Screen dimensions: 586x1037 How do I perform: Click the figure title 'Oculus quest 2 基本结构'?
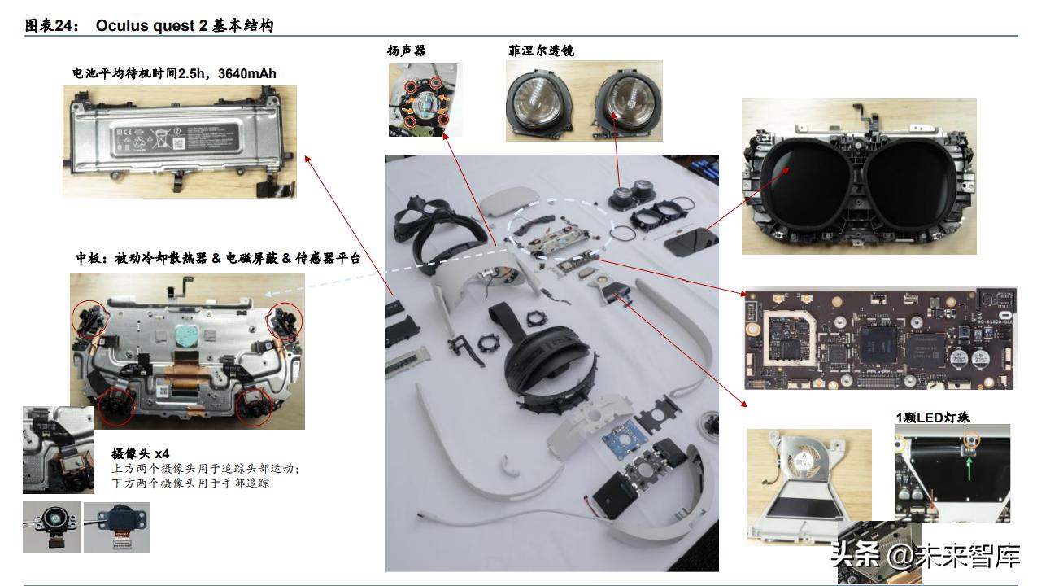[184, 25]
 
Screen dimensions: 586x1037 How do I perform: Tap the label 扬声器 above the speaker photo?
[406, 50]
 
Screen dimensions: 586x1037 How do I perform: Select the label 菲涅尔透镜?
[541, 50]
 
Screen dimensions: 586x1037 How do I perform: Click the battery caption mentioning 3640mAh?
[174, 74]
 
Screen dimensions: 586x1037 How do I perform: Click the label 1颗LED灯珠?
[933, 418]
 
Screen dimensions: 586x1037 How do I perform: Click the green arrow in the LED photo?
[969, 466]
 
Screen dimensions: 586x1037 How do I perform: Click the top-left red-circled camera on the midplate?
[90, 317]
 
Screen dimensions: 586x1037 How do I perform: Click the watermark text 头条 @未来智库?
[925, 557]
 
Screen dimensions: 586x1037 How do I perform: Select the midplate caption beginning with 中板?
[218, 259]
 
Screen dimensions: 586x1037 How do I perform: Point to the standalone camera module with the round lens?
[50, 524]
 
